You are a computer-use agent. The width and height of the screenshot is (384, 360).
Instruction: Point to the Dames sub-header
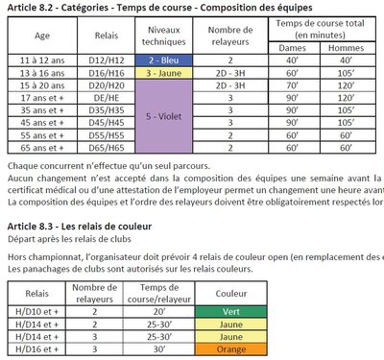pyautogui.click(x=290, y=46)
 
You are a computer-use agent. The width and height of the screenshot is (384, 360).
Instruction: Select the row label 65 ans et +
pyautogui.click(x=41, y=147)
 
